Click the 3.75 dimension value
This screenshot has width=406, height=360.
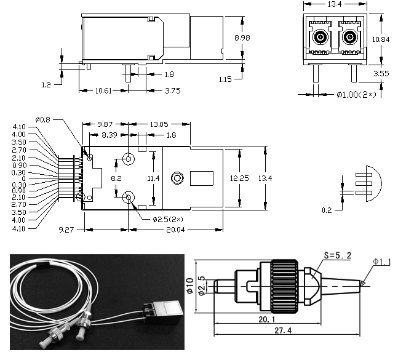click(x=156, y=91)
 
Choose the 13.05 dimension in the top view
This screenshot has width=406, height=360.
click(x=158, y=124)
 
